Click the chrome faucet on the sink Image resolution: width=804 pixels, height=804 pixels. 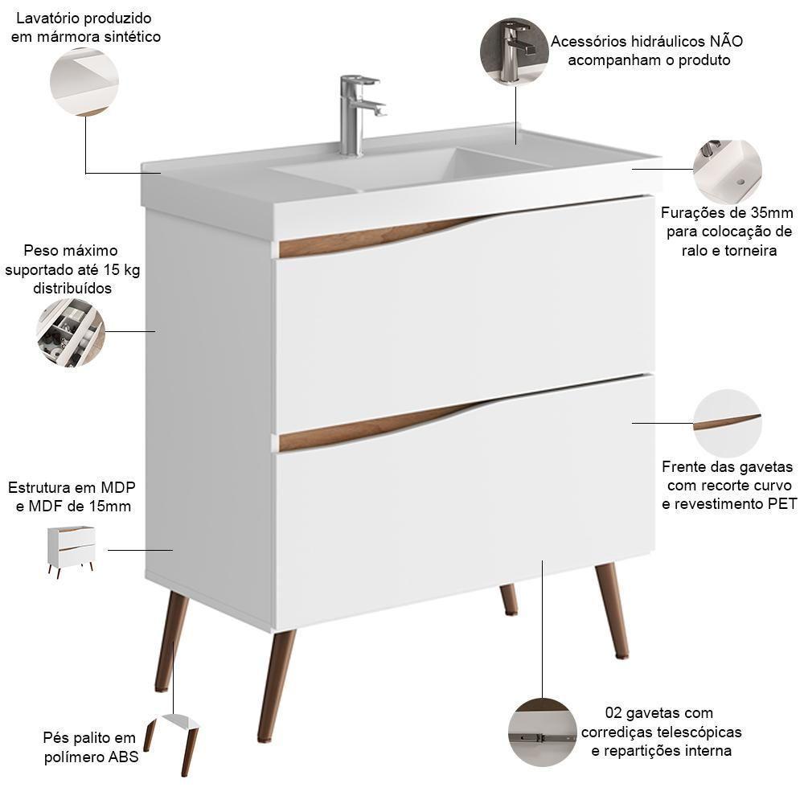354,113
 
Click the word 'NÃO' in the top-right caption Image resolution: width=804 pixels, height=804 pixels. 725,42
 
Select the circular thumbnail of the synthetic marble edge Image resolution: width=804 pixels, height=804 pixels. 84,82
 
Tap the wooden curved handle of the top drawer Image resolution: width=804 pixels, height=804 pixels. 378,237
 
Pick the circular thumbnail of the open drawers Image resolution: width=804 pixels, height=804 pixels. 71,333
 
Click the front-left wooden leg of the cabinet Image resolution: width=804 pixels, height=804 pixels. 276,683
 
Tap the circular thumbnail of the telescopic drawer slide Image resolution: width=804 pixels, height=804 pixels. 542,732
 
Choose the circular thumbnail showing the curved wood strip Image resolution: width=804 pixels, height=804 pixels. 727,423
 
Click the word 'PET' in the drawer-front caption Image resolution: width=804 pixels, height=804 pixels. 780,504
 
